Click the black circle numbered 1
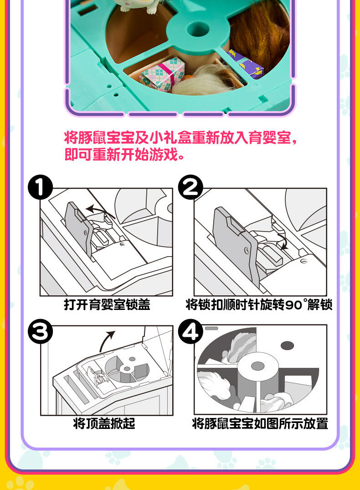(40, 187)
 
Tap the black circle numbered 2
(190, 187)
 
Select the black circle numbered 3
(40, 331)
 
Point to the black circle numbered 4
(190, 331)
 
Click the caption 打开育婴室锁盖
(107, 304)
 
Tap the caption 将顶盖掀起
(104, 423)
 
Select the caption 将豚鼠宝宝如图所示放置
(260, 423)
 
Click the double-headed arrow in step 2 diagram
(283, 241)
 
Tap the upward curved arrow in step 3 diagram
(106, 340)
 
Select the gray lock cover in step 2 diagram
(236, 244)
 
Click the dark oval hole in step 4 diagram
(287, 346)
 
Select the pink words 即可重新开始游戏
(124, 155)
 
